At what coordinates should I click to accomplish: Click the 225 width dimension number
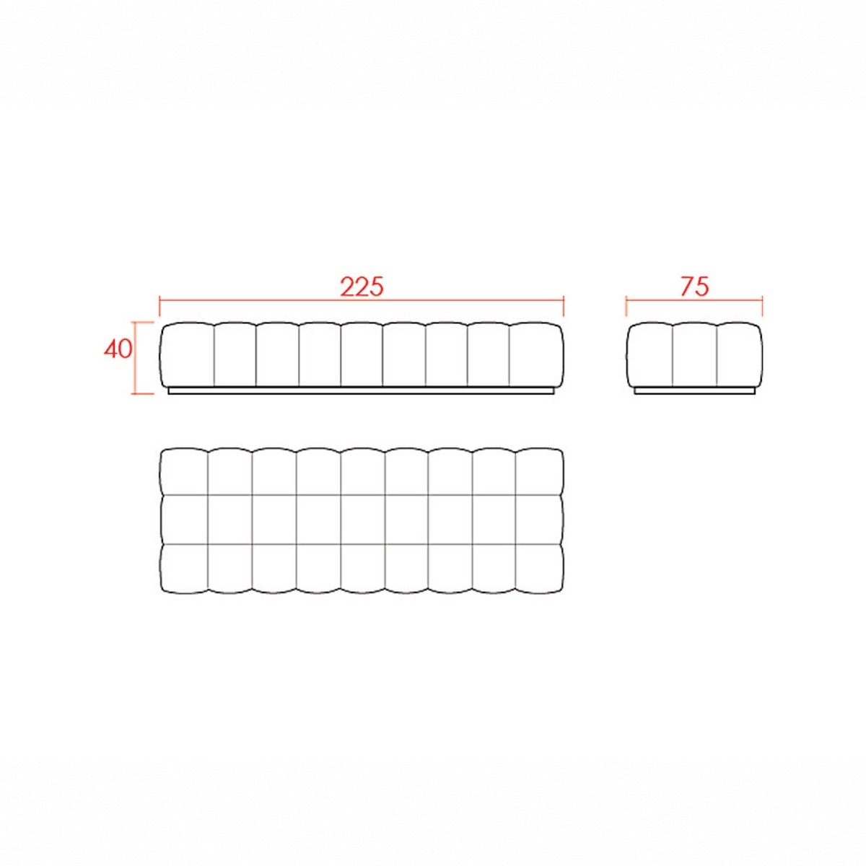(x=362, y=287)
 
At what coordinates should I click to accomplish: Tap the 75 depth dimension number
(x=694, y=287)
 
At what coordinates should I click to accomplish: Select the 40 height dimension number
(x=118, y=349)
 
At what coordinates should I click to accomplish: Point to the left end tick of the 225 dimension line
(x=159, y=305)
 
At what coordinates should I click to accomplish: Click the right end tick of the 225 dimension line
(x=564, y=305)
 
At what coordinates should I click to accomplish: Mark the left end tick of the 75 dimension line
(x=626, y=305)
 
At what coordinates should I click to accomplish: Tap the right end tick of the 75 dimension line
(x=762, y=305)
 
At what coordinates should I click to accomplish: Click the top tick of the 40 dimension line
(x=142, y=322)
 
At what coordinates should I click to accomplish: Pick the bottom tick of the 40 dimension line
(x=142, y=394)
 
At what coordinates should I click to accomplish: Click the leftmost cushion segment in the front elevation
(x=187, y=354)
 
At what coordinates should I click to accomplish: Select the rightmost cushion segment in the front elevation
(x=537, y=354)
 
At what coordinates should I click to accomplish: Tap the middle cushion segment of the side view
(x=694, y=354)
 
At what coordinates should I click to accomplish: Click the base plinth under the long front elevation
(x=362, y=390)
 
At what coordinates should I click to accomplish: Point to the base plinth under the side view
(x=694, y=390)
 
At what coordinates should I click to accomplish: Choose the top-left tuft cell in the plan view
(x=184, y=472)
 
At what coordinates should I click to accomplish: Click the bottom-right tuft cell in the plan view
(x=540, y=569)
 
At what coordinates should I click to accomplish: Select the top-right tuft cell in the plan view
(x=540, y=472)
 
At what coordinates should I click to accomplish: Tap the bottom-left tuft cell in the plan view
(x=184, y=569)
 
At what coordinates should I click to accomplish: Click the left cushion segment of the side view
(x=649, y=354)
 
